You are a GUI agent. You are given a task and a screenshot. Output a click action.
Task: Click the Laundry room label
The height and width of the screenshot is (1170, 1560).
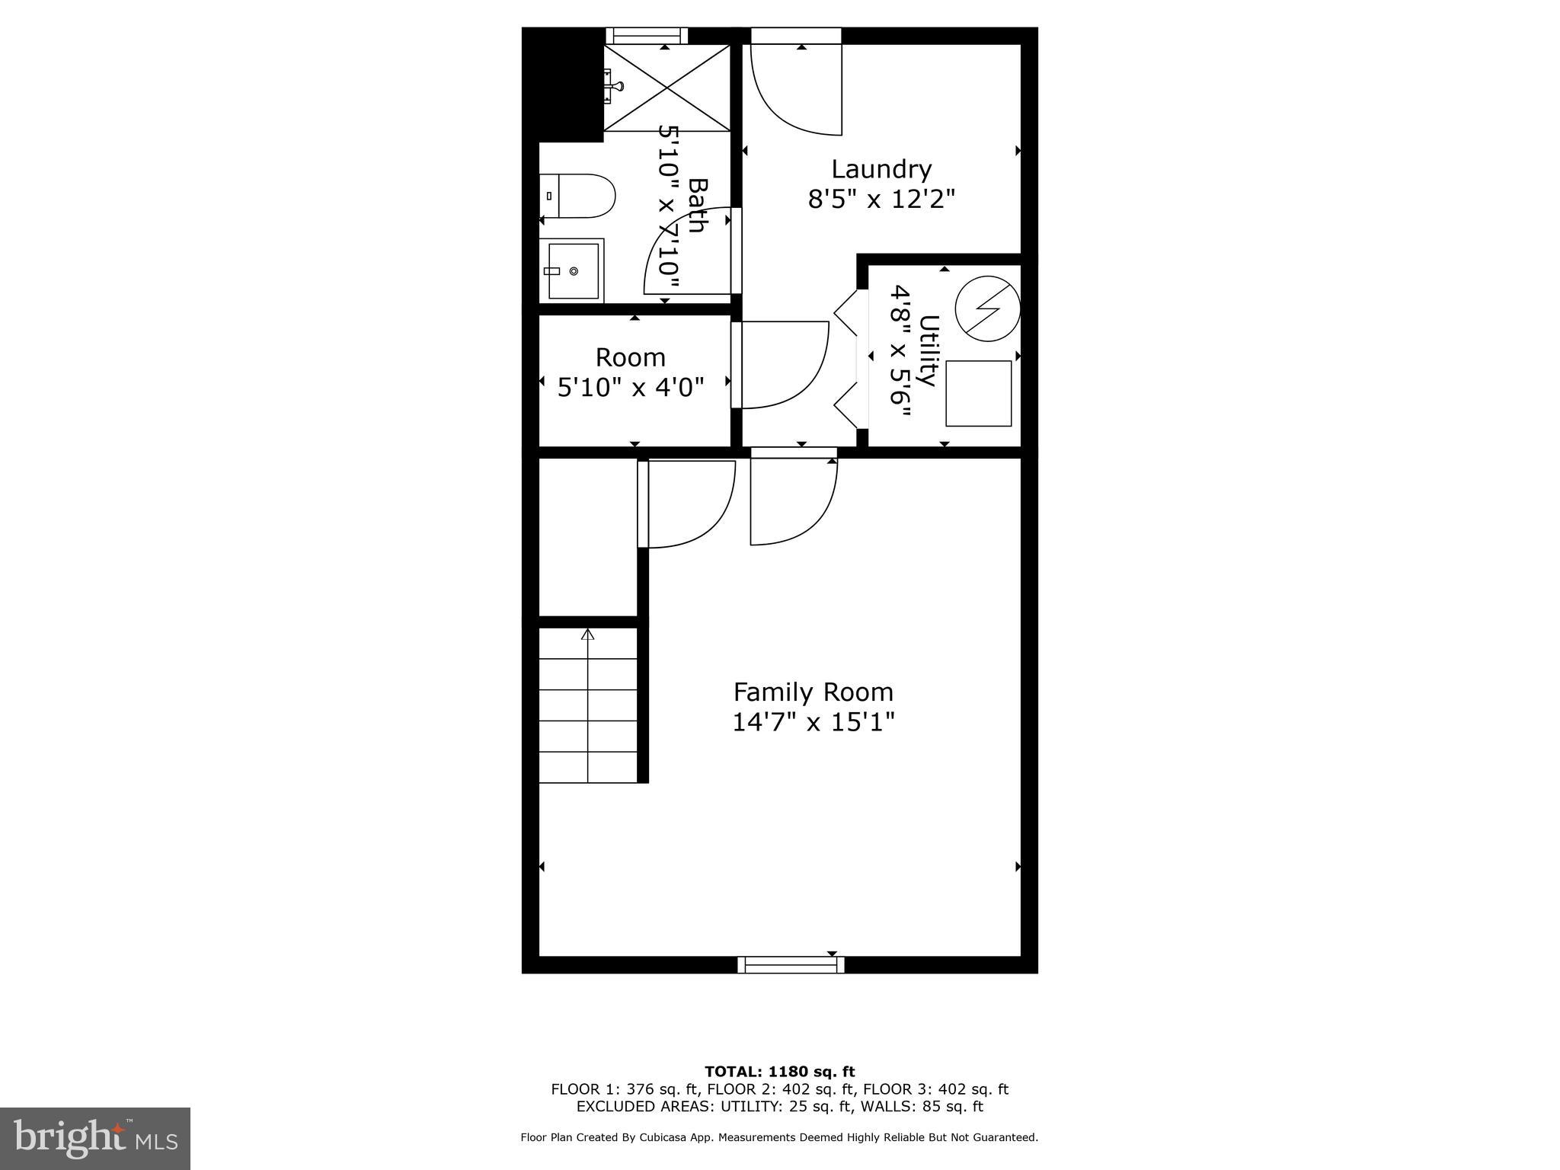click(881, 168)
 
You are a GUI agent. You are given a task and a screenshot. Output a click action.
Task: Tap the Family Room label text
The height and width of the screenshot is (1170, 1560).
click(813, 692)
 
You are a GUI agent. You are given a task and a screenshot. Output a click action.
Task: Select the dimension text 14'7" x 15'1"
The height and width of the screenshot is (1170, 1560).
click(813, 721)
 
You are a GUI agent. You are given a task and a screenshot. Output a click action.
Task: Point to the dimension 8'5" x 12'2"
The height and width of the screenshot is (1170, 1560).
click(881, 200)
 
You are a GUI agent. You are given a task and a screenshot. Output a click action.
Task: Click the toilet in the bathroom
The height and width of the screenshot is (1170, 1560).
click(577, 196)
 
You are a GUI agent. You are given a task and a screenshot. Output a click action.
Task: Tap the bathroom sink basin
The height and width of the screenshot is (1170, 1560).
click(573, 270)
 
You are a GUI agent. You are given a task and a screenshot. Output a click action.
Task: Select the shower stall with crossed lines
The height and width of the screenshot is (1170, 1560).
click(667, 88)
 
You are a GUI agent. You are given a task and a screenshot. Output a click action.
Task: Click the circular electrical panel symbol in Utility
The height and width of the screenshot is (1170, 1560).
click(987, 308)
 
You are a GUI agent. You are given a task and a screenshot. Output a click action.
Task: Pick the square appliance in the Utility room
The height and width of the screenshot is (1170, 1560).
click(978, 393)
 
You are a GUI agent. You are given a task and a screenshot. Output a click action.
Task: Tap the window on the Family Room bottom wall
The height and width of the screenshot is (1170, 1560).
click(791, 964)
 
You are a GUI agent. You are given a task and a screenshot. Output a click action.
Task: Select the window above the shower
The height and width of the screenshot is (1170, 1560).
click(647, 35)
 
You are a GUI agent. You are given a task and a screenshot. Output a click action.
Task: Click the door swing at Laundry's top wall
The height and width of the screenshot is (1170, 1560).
click(796, 90)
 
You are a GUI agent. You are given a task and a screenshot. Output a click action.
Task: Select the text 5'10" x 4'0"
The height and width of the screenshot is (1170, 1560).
click(631, 388)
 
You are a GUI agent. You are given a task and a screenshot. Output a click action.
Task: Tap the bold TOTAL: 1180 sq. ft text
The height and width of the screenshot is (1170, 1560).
click(779, 1072)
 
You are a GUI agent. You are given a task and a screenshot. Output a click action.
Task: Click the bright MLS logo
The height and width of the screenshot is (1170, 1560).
click(95, 1138)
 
